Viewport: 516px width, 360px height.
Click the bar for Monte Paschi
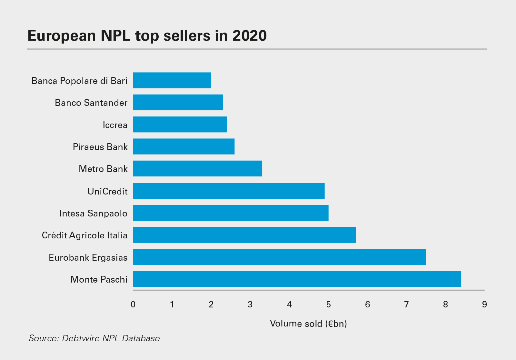pyautogui.click(x=297, y=279)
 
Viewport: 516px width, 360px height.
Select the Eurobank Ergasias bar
pyautogui.click(x=279, y=257)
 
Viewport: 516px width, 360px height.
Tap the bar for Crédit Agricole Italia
pyautogui.click(x=244, y=235)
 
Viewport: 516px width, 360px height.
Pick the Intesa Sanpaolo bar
pyautogui.click(x=231, y=213)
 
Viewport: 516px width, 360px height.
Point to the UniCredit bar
pyautogui.click(x=229, y=191)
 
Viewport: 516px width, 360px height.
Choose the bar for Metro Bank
pyautogui.click(x=197, y=169)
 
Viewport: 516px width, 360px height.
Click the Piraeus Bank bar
pyautogui.click(x=184, y=146)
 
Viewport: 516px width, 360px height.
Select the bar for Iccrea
pyautogui.click(x=180, y=125)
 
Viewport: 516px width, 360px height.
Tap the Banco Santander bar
pyautogui.click(x=178, y=103)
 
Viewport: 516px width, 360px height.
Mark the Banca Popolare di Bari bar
pyautogui.click(x=172, y=80)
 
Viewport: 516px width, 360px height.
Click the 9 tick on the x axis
pyautogui.click(x=484, y=305)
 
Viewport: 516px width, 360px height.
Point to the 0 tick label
pyautogui.click(x=133, y=305)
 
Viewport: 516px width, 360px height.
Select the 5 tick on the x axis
pyautogui.click(x=328, y=305)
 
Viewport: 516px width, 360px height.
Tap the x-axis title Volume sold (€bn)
pyautogui.click(x=308, y=324)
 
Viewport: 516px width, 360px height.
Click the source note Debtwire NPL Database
pyautogui.click(x=94, y=338)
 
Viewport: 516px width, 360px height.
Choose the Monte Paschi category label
pyautogui.click(x=99, y=279)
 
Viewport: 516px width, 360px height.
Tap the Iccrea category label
pyautogui.click(x=115, y=125)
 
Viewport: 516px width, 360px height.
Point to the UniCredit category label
pyautogui.click(x=107, y=191)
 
